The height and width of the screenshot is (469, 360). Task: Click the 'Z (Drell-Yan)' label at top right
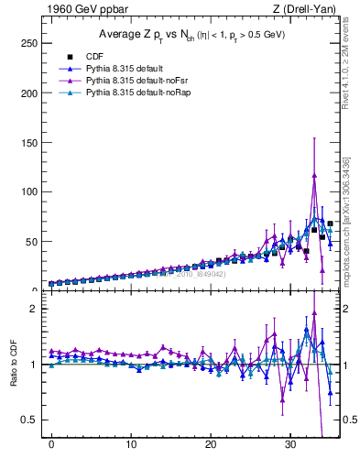click(301, 9)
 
